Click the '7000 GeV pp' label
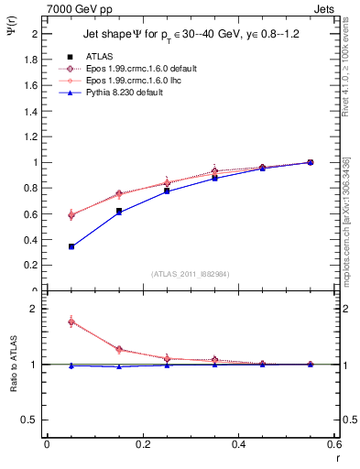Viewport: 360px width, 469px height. pos(76,7)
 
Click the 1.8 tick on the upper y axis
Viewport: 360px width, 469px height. pos(34,60)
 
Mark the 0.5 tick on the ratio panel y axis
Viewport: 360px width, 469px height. pos(34,420)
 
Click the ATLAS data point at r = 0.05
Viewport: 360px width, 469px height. pos(71,246)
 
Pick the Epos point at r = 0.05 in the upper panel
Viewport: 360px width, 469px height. pos(71,214)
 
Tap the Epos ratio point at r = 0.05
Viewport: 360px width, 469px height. pos(71,322)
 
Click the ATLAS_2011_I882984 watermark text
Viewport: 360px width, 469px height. pos(191,274)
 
